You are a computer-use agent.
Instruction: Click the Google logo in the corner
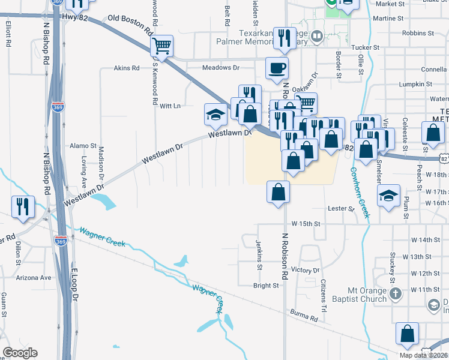(x=20, y=353)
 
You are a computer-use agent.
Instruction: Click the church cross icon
(x=395, y=294)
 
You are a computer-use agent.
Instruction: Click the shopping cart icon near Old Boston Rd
(x=162, y=46)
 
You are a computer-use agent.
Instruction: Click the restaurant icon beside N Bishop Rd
(x=22, y=206)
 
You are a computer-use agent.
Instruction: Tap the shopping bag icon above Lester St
(x=278, y=193)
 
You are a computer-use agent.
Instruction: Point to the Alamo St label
(x=83, y=146)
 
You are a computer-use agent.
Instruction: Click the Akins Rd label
(x=127, y=68)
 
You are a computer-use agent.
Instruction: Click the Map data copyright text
(x=424, y=355)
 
